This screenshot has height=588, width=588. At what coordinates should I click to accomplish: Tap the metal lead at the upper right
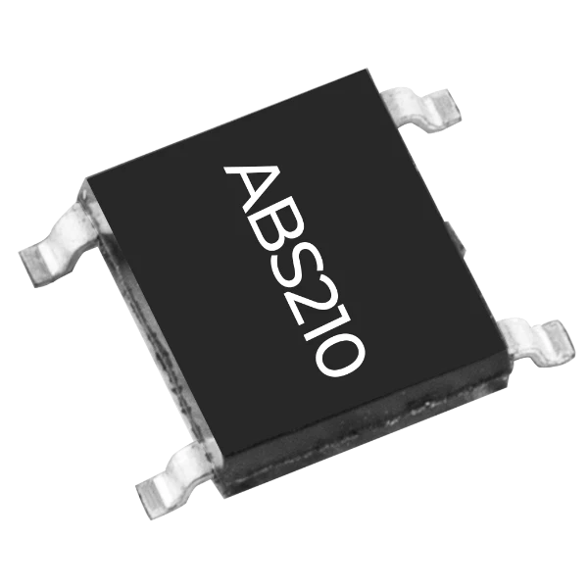click(x=421, y=109)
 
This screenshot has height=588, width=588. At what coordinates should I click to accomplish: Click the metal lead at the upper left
click(x=60, y=243)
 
